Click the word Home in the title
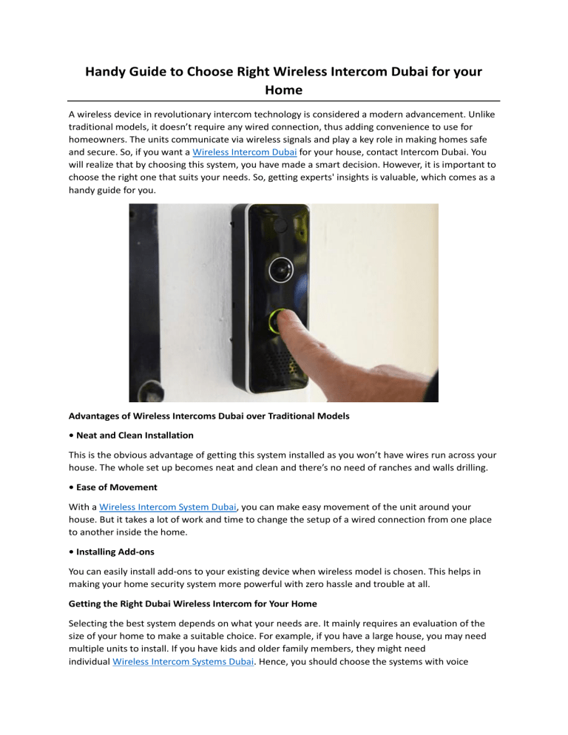(283, 92)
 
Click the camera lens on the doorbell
(280, 265)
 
